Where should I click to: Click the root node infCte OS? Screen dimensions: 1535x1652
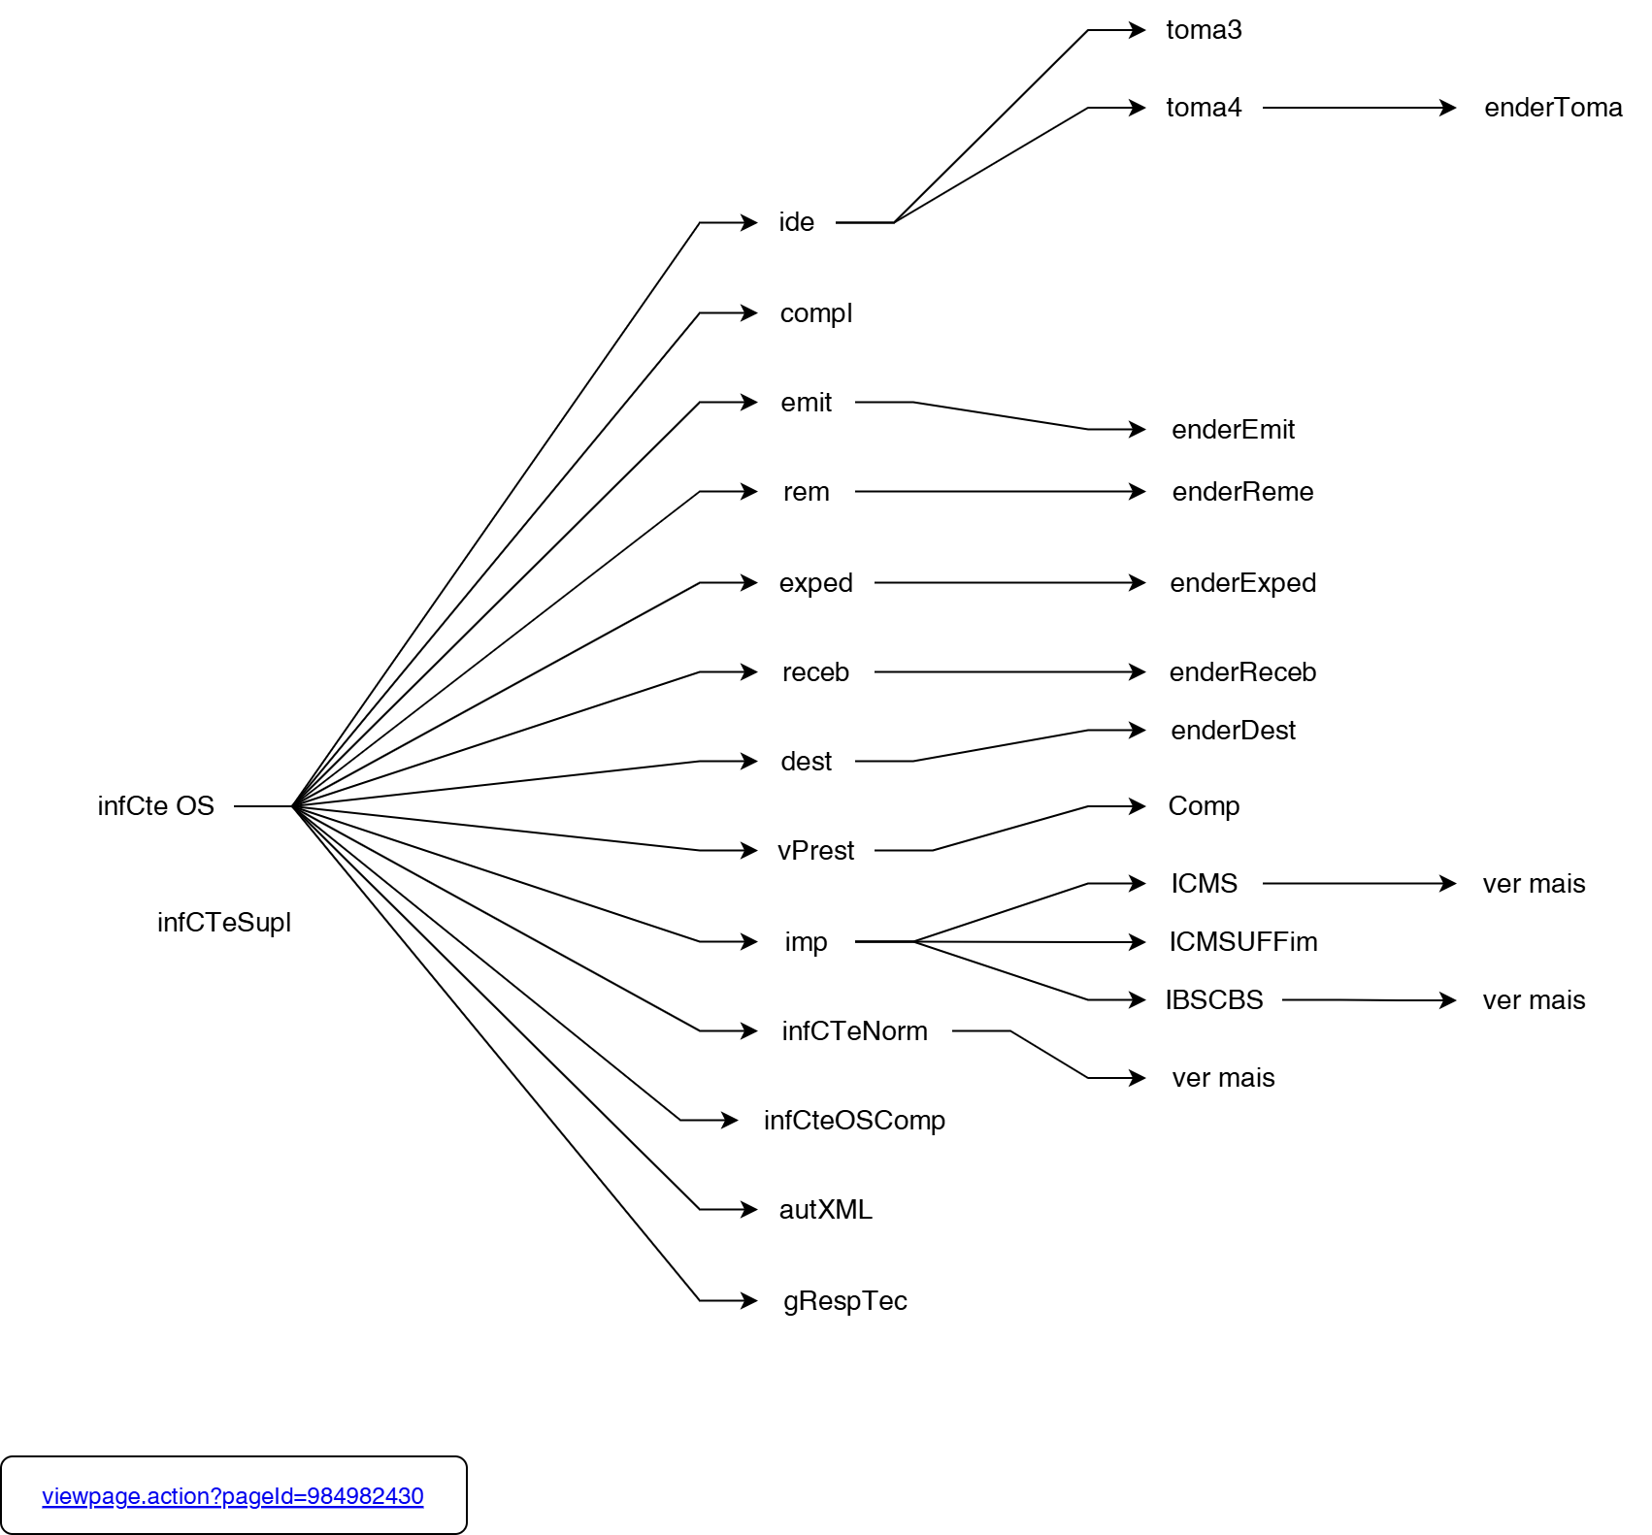click(x=155, y=806)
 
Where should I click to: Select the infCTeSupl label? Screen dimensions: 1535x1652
click(x=223, y=923)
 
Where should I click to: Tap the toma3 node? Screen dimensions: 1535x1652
click(x=1204, y=30)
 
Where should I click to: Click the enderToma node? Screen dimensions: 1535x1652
click(x=1553, y=108)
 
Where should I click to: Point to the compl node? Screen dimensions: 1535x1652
click(x=815, y=313)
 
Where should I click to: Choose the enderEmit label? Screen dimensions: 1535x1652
click(x=1233, y=430)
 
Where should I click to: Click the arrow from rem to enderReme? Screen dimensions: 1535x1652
click(x=1000, y=492)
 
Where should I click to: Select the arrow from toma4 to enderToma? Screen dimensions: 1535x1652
click(x=1359, y=108)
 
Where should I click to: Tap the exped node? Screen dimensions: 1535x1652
click(x=815, y=583)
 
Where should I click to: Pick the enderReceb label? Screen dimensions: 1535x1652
click(x=1242, y=672)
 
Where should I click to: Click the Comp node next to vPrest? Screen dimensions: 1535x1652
click(x=1204, y=806)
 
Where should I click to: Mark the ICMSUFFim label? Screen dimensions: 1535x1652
click(x=1242, y=942)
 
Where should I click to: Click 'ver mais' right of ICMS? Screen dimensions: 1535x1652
click(x=1534, y=884)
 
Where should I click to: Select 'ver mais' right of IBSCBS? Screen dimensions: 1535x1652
click(x=1534, y=1000)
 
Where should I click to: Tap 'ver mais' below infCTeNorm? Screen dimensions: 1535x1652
click(x=1223, y=1078)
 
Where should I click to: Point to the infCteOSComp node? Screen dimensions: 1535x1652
click(x=854, y=1121)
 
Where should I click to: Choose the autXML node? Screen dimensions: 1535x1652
click(x=825, y=1210)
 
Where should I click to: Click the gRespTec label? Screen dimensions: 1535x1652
click(x=844, y=1301)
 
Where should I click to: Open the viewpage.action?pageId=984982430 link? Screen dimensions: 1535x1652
click(x=233, y=1496)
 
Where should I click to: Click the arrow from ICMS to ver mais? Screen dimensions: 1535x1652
click(x=1359, y=884)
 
